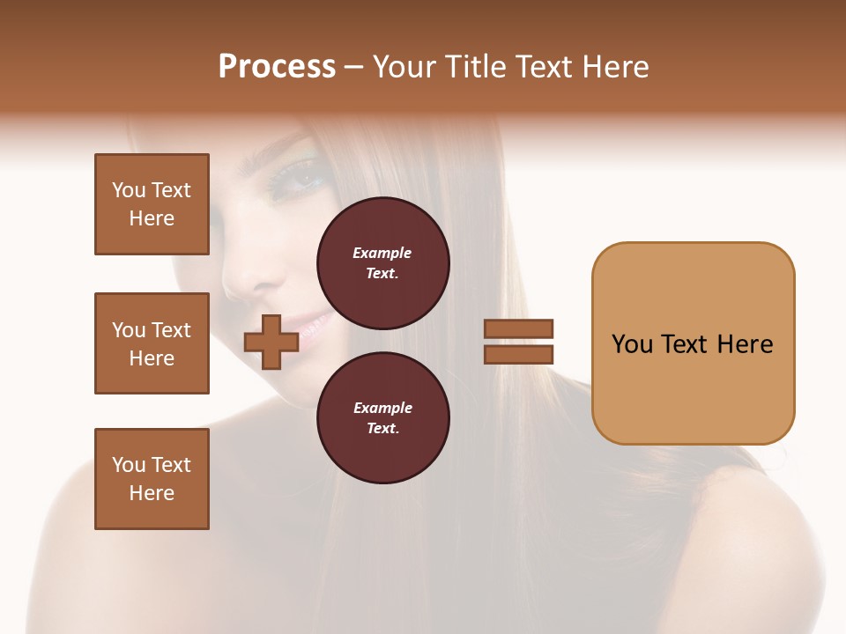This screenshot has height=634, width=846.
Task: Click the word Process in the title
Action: tap(277, 67)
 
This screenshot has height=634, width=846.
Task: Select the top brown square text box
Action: tap(152, 204)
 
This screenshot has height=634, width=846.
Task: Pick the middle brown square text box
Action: tap(152, 343)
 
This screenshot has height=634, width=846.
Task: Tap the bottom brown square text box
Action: tap(152, 479)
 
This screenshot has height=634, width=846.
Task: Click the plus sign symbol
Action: tap(271, 342)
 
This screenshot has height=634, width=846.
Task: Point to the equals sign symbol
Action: tap(518, 342)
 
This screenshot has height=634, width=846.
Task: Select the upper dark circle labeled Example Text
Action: tap(382, 263)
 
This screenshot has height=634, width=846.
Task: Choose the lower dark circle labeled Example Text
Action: tap(382, 418)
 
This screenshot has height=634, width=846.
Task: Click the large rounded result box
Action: tap(693, 343)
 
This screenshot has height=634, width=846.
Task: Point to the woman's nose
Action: tap(240, 280)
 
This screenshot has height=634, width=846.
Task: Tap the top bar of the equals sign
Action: tap(518, 328)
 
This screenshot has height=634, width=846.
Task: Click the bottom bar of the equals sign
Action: tap(518, 354)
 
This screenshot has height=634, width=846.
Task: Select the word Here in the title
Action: tap(615, 67)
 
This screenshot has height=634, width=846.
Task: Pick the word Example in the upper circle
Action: tap(382, 254)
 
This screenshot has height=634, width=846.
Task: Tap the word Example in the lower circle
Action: tap(382, 409)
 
